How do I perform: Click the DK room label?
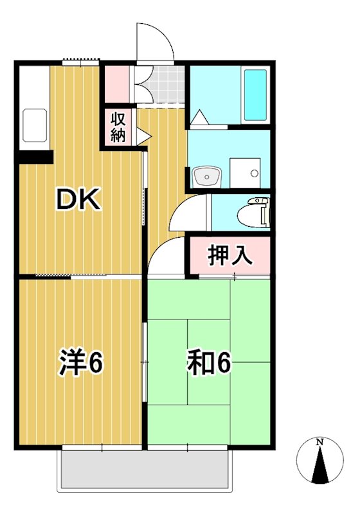(79, 201)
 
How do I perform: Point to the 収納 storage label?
(119, 127)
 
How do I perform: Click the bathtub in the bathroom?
(255, 95)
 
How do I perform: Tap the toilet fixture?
(255, 212)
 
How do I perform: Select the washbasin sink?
(207, 175)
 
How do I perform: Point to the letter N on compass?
(319, 442)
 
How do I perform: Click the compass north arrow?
(319, 466)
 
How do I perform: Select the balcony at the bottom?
(143, 468)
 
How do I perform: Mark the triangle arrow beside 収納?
(143, 137)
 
